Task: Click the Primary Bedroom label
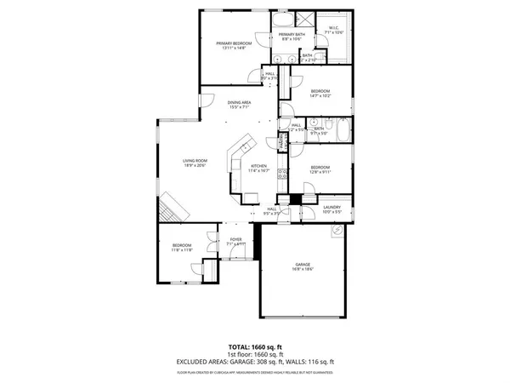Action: click(x=235, y=43)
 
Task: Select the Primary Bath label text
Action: click(x=292, y=34)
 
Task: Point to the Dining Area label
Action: click(x=238, y=103)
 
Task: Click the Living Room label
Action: click(x=195, y=160)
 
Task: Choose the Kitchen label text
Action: click(x=258, y=165)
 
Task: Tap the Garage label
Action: click(x=303, y=265)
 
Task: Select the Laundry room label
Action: click(x=331, y=207)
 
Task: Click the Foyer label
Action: click(x=235, y=239)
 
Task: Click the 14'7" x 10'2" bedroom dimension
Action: click(x=320, y=95)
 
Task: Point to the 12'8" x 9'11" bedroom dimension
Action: click(x=320, y=171)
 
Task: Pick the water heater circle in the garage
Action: click(x=337, y=231)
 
